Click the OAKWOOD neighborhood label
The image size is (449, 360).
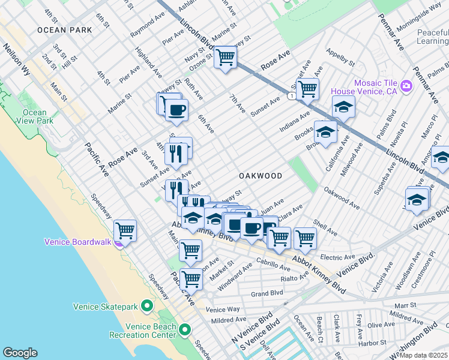click(x=261, y=176)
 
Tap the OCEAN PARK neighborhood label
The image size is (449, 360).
click(x=64, y=29)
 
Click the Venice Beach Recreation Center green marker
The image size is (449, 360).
click(x=185, y=329)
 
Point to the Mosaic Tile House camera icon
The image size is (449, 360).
click(x=406, y=86)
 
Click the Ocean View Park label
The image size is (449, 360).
click(x=34, y=116)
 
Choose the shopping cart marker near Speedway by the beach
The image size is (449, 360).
click(x=125, y=230)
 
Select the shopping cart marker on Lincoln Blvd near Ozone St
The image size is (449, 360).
click(x=225, y=58)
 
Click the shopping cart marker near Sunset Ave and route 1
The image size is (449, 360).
click(x=307, y=89)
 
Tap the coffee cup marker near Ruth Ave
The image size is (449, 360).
click(x=177, y=110)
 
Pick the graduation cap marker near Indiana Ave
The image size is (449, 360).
click(x=343, y=107)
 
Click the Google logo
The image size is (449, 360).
click(x=20, y=353)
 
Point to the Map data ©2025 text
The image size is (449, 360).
click(x=423, y=355)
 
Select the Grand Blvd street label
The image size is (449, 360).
click(x=267, y=293)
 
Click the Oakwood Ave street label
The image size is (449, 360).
click(x=342, y=198)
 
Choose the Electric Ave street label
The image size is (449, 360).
click(x=339, y=257)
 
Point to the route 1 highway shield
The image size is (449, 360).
click(x=291, y=96)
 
